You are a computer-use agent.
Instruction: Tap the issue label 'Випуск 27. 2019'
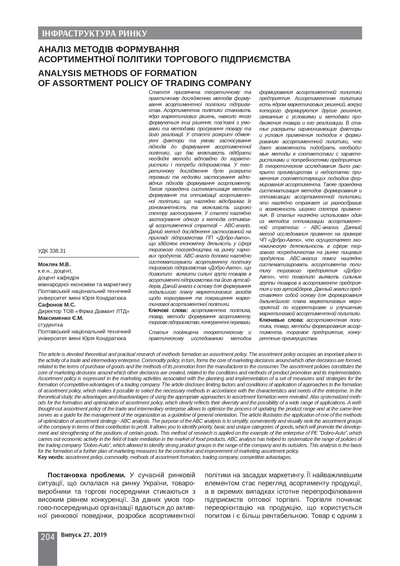(x=83, y=535)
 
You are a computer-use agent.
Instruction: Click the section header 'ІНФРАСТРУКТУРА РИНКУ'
(x=93, y=34)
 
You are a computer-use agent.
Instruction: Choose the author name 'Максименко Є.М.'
(x=61, y=318)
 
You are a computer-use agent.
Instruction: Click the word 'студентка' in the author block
(x=50, y=325)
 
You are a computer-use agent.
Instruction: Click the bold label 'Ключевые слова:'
(x=281, y=320)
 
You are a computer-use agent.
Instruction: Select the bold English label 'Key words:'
(x=51, y=457)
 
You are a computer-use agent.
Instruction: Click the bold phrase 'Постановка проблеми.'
(x=86, y=475)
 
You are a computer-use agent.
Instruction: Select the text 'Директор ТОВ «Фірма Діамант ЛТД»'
(x=84, y=311)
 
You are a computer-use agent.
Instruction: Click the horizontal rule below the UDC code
(x=88, y=257)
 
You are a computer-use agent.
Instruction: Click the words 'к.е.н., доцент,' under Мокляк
(x=55, y=271)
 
